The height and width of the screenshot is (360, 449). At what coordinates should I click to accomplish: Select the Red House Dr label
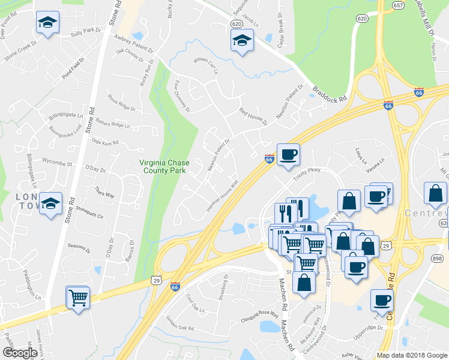click(253, 116)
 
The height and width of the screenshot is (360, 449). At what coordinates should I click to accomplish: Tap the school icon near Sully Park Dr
click(46, 22)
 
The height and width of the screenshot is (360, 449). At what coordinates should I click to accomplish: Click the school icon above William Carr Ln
click(242, 40)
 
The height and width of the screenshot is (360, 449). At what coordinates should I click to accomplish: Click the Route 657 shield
click(397, 5)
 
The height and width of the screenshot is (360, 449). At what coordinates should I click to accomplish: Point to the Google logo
click(20, 353)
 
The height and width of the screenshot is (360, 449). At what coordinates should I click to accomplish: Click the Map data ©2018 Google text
click(412, 355)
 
